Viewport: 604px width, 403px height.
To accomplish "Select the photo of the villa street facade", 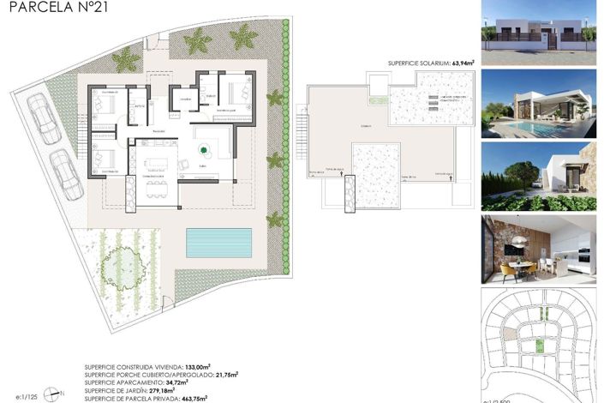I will click(539, 30).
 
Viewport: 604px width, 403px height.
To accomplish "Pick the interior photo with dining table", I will click(539, 249).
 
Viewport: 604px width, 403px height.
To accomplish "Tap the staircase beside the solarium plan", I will click(302, 136).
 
